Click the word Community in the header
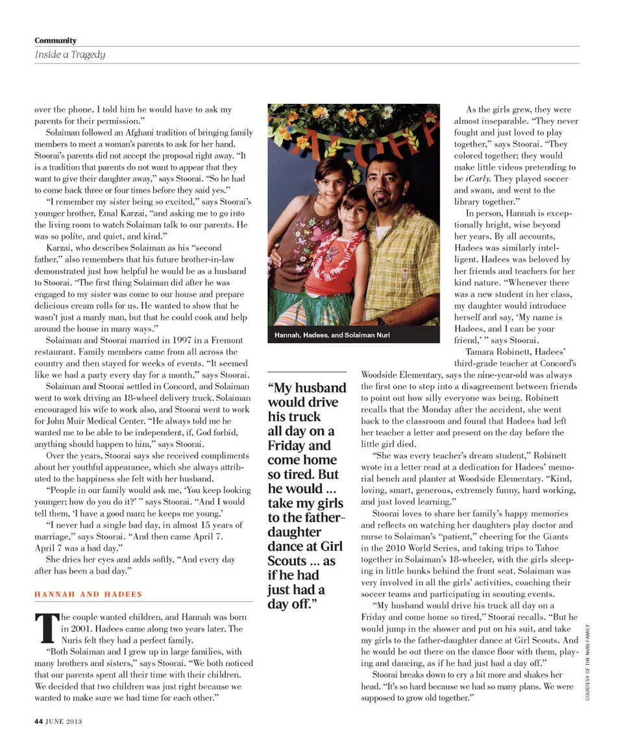55,41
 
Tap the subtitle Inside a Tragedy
69,54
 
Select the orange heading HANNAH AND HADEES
88,594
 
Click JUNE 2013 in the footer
64,720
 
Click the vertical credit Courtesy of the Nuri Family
587,662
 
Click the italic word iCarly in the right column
480,178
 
